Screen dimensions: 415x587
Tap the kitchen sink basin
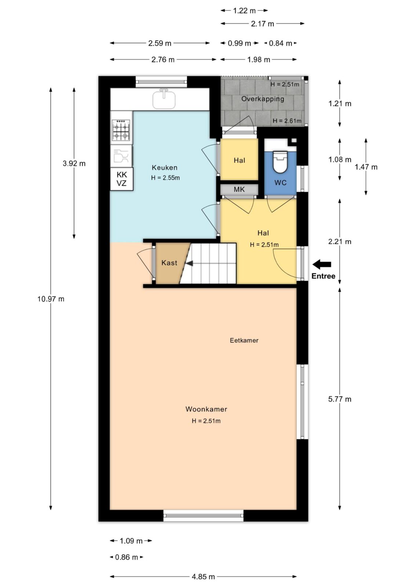pos(164,99)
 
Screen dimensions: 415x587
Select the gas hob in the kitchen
pos(121,130)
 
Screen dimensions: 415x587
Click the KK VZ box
pos(122,179)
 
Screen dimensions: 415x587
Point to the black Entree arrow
pos(322,265)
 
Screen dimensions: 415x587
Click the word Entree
pos(323,276)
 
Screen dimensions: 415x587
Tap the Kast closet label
pos(170,263)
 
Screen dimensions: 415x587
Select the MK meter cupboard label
pos(239,189)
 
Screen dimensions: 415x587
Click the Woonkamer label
pos(206,409)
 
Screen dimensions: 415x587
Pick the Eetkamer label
pos(244,340)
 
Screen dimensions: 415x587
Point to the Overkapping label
pos(263,99)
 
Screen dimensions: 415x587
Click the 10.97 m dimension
pos(51,299)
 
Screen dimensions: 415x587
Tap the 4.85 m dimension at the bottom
pos(203,576)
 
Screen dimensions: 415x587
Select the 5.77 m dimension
pos(340,399)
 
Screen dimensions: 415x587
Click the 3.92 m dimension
pos(74,164)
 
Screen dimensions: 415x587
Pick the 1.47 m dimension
pos(366,167)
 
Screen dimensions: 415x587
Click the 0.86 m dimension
pos(127,557)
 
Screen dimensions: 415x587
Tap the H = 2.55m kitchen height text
pos(165,178)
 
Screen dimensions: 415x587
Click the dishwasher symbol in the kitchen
pos(121,156)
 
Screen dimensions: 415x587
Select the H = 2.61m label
pos(287,121)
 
